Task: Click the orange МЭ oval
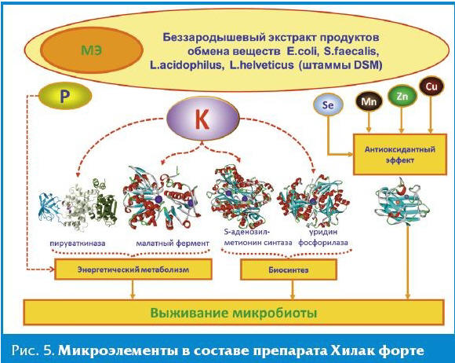pos(92,50)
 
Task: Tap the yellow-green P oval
pos(65,96)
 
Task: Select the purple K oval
pos(203,119)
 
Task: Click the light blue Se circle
pos(328,105)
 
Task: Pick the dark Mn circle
pos(369,101)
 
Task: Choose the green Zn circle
pos(402,96)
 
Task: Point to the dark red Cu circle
pos(431,86)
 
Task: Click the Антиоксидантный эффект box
pos(400,154)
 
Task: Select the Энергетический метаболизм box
pos(133,269)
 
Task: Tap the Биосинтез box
pos(289,270)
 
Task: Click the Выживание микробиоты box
pos(234,313)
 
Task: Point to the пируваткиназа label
pos(78,244)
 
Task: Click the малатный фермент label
pos(173,244)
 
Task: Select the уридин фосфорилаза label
pos(323,237)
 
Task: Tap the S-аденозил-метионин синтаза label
pos(258,237)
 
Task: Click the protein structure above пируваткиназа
pos(78,205)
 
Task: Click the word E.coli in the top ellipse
pos(302,51)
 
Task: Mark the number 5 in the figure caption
pos(49,351)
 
